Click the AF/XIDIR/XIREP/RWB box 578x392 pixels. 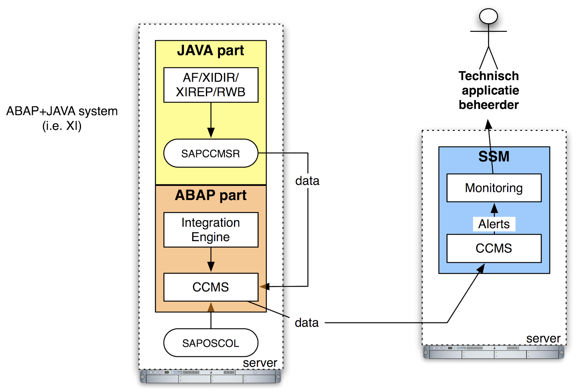click(211, 85)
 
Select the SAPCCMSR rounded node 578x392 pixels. click(211, 153)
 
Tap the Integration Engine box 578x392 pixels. click(211, 230)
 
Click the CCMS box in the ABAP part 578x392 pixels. click(211, 287)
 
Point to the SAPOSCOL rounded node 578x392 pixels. click(211, 343)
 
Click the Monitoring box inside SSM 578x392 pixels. click(494, 188)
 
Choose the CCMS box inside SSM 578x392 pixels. click(494, 248)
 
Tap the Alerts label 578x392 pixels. click(494, 224)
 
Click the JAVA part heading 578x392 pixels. click(211, 51)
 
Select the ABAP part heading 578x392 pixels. click(211, 195)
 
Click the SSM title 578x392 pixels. click(494, 157)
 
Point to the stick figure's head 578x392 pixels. click(488, 16)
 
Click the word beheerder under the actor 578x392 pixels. click(488, 105)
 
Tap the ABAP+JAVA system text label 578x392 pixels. click(62, 111)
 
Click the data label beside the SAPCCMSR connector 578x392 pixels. click(307, 181)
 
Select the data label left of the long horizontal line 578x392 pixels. click(307, 323)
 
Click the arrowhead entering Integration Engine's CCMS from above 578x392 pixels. click(211, 267)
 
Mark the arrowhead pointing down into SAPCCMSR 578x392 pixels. click(211, 132)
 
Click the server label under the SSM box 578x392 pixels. click(543, 338)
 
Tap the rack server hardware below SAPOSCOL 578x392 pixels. click(211, 376)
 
